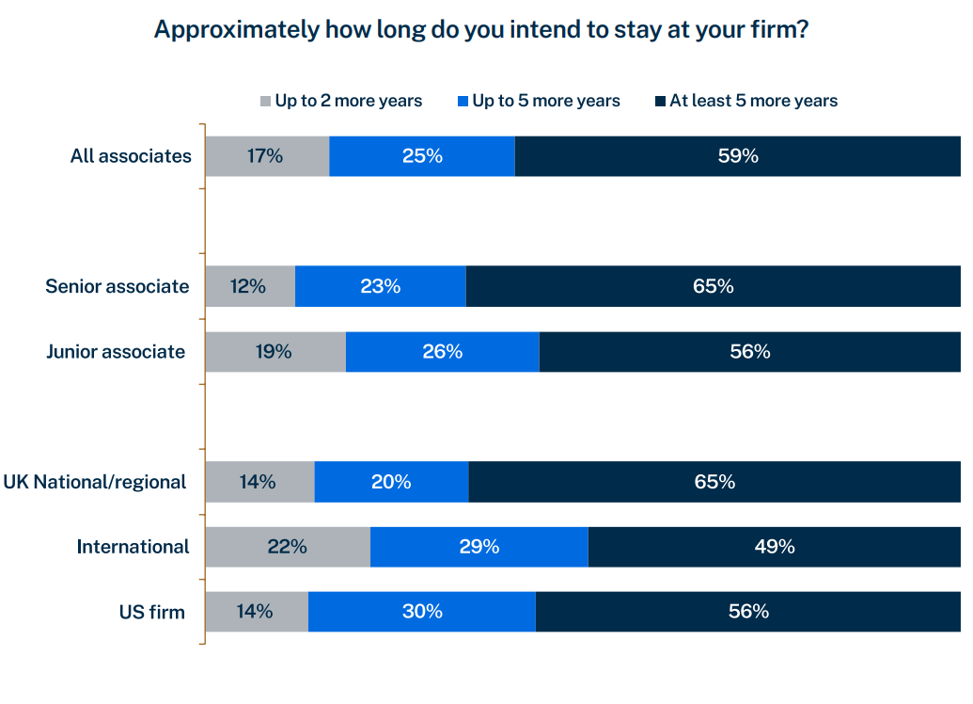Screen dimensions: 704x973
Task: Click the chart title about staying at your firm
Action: pos(481,29)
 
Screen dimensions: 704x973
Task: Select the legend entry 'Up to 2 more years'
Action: pos(348,101)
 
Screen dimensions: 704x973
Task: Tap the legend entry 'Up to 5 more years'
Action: pos(545,101)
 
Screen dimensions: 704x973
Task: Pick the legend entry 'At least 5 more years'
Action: pos(752,101)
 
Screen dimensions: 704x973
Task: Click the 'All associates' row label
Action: pos(131,156)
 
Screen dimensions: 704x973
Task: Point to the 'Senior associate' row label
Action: pos(118,286)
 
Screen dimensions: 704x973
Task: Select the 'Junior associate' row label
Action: pos(116,351)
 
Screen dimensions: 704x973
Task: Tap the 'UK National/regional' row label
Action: pos(94,482)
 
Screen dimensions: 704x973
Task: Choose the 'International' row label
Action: pos(133,547)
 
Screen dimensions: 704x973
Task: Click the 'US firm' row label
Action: pos(151,612)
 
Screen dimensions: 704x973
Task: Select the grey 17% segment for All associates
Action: pos(267,156)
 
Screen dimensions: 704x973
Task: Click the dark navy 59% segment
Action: pos(738,156)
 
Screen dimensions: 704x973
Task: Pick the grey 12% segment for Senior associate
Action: pos(250,286)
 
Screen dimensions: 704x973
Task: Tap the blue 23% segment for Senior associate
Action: pos(381,286)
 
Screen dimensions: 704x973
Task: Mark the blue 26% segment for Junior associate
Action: pos(443,351)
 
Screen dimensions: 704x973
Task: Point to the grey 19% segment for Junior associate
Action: pos(275,351)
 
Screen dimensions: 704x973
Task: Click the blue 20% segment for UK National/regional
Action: pos(391,482)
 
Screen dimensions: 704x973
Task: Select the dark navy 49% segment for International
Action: pos(775,547)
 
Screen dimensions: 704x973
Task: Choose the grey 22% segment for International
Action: pos(287,547)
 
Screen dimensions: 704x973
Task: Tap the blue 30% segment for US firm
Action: pos(422,612)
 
